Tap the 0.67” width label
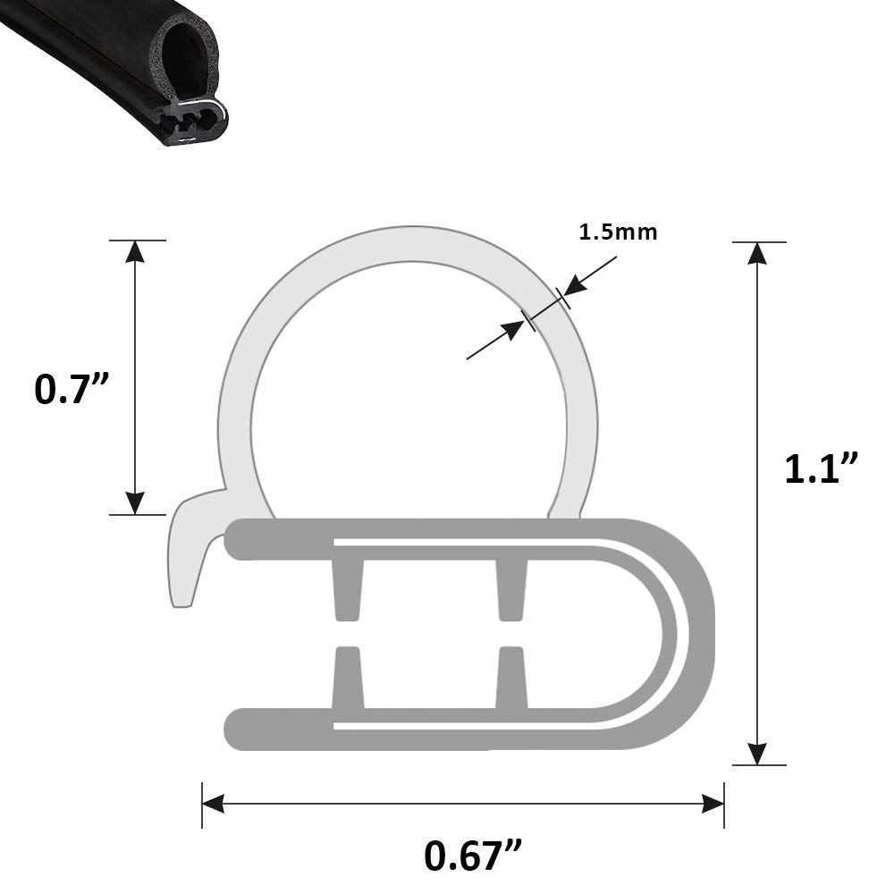coord(473,856)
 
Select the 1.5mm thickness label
coord(618,232)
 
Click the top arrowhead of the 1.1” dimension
coord(756,253)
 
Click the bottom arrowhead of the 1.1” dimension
coord(756,754)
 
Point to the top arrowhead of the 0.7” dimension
coord(135,251)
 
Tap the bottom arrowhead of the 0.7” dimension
coord(135,502)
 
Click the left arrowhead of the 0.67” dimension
coord(214,805)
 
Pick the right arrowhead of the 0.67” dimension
coord(713,805)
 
